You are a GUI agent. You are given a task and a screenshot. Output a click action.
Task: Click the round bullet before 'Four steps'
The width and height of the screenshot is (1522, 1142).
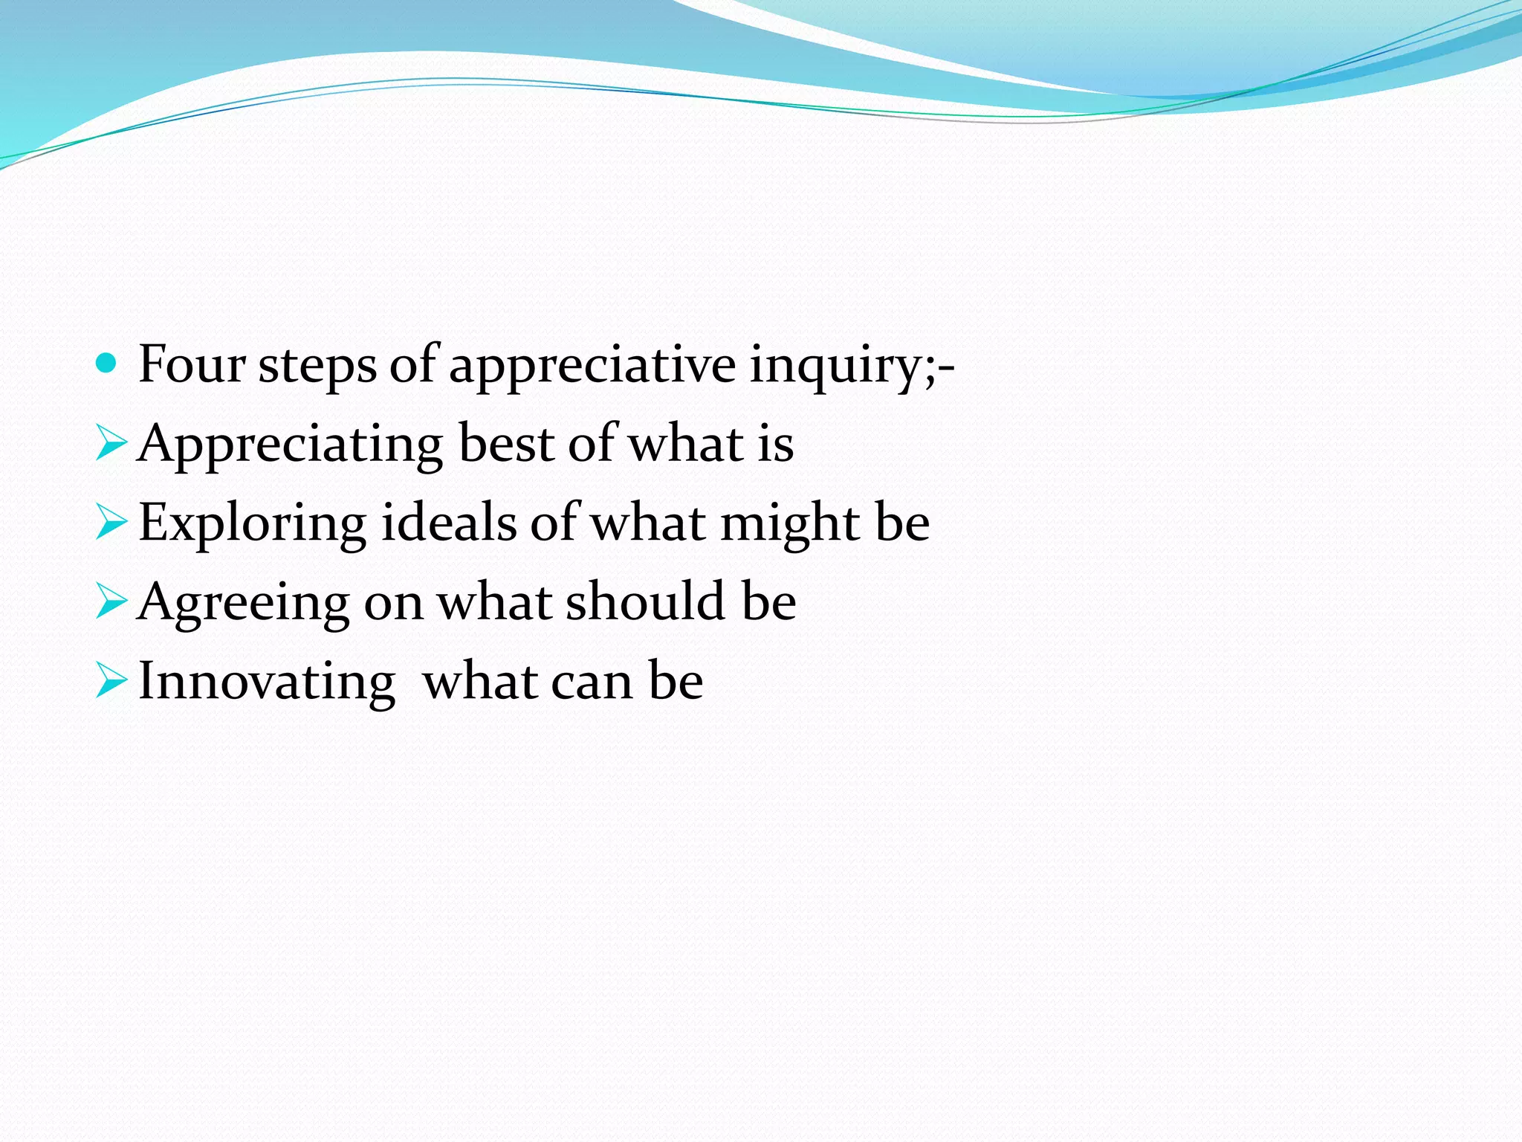(107, 364)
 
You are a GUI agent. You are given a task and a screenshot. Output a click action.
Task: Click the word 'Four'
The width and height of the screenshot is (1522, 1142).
(192, 365)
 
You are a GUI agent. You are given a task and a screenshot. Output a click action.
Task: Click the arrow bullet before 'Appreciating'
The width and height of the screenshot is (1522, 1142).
(111, 444)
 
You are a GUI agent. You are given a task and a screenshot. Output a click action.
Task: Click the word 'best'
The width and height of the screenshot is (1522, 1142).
(506, 444)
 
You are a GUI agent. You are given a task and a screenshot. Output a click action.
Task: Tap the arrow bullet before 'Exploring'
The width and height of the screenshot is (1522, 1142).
(111, 523)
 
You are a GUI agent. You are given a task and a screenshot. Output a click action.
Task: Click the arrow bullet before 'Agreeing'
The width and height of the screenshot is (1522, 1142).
(111, 602)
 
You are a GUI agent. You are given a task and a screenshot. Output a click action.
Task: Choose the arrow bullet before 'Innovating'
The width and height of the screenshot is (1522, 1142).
(111, 682)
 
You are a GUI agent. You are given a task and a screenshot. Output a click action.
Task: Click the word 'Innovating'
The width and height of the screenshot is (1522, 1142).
(266, 682)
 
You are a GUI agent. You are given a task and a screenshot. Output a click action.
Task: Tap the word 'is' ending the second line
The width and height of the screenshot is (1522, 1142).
(775, 444)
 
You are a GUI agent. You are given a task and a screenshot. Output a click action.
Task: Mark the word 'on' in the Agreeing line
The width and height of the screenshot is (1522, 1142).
(393, 604)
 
